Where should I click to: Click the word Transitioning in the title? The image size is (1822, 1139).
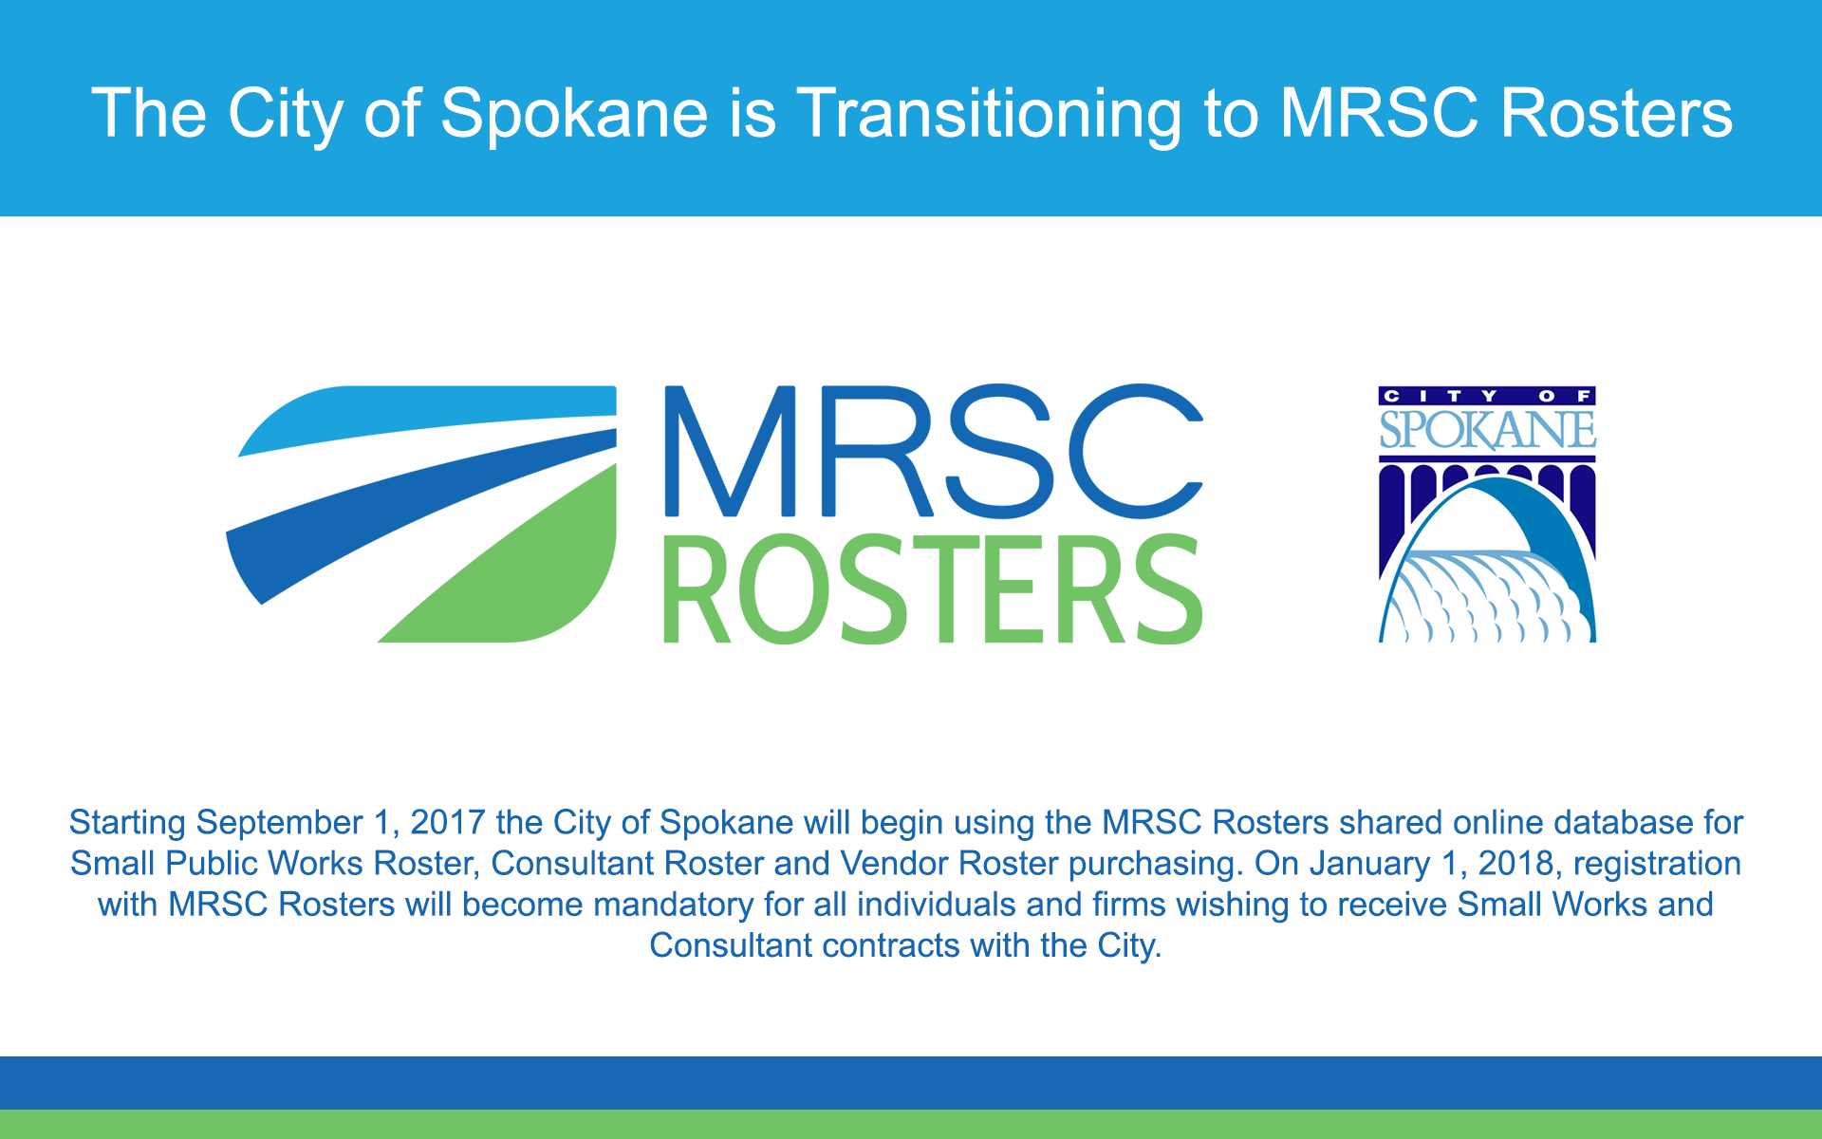[989, 114]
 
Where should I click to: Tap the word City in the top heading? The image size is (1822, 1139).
[285, 114]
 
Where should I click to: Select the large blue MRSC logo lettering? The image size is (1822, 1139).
[934, 451]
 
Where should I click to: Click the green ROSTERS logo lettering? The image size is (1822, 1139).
[933, 588]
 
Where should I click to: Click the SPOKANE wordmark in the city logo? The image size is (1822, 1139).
[1487, 430]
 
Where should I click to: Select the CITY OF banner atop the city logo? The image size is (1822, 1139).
[1487, 396]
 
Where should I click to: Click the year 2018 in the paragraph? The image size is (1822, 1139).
[1516, 864]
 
